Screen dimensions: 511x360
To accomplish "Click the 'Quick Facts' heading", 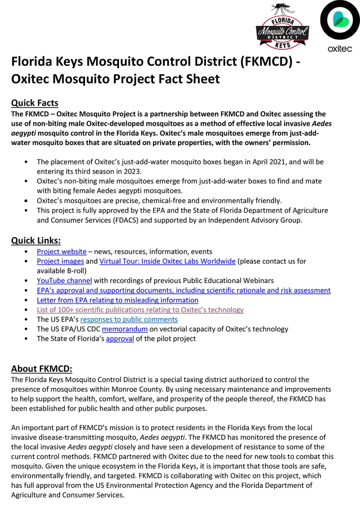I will pos(35,103).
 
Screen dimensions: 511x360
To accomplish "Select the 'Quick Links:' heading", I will pos(36,240).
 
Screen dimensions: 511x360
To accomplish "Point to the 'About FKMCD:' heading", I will pos(42,369).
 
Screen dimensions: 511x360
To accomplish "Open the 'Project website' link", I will pos(61,251).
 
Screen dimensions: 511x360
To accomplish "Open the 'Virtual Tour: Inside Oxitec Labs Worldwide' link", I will pos(168,261).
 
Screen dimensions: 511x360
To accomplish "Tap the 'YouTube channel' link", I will pos(64,280).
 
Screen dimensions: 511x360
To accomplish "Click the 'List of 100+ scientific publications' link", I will pos(140,310).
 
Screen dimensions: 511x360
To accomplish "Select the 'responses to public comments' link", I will pos(129,319).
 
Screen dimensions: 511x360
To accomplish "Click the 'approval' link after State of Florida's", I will pos(120,339).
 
